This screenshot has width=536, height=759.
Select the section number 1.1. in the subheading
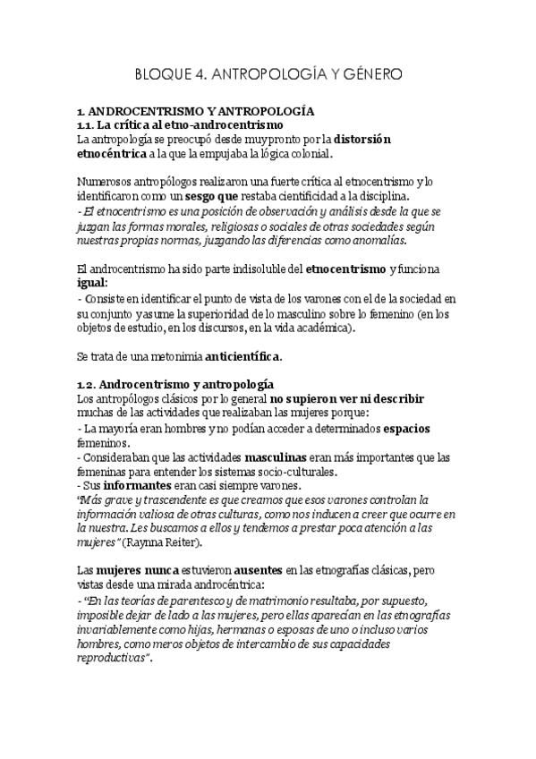pos(89,125)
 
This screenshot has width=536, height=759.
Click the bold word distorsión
pos(363,140)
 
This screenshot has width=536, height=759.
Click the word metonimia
pos(172,357)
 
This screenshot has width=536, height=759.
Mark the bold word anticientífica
pos(243,357)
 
